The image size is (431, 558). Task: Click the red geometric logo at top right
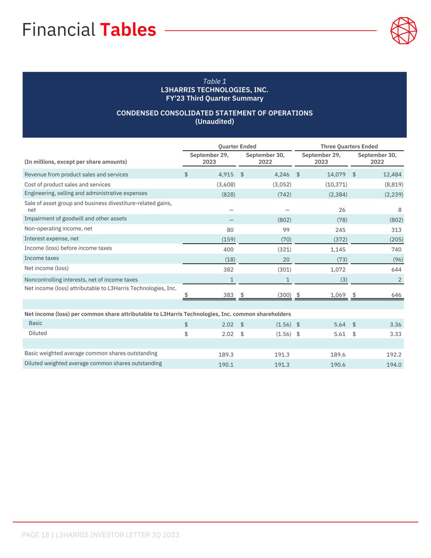404,30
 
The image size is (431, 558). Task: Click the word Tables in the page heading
128,30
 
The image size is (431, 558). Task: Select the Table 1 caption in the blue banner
214,81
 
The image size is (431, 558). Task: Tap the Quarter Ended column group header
237,146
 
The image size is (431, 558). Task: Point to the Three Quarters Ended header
349,146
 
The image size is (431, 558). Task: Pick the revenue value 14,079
336,175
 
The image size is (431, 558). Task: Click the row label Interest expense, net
51,239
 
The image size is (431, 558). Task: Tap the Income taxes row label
42,258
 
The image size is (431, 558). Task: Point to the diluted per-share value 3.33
395,334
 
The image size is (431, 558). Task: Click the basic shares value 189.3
226,355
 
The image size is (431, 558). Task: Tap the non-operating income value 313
396,230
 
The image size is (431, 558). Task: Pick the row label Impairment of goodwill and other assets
76,219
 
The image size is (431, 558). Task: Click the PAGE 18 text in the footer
36,535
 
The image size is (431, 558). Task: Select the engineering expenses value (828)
228,195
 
